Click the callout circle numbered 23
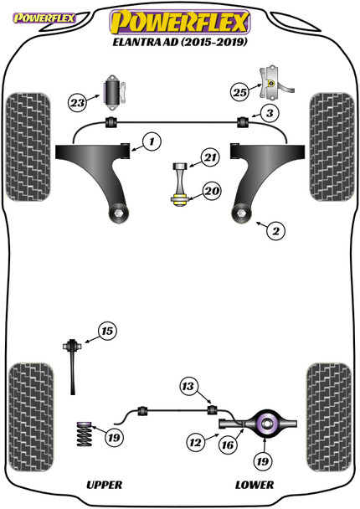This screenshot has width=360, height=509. tap(77, 104)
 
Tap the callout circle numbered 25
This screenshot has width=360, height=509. tap(239, 91)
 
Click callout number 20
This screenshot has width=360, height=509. tap(211, 192)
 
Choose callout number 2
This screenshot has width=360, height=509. tap(272, 227)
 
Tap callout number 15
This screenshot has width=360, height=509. tap(106, 332)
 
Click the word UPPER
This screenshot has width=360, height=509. tap(105, 485)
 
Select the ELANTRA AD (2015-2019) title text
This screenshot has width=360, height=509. tap(179, 38)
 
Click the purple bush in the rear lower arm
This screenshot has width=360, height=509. tap(269, 424)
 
